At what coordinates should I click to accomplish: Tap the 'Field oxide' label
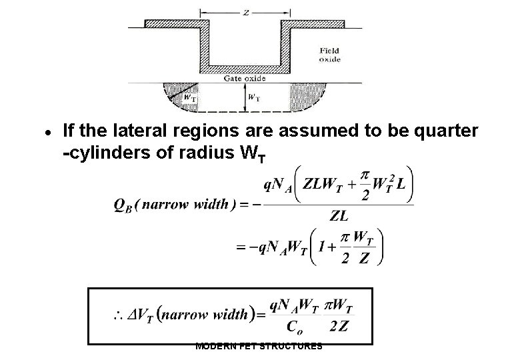pos(329,55)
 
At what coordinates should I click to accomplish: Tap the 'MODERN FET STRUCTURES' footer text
pos(259,346)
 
